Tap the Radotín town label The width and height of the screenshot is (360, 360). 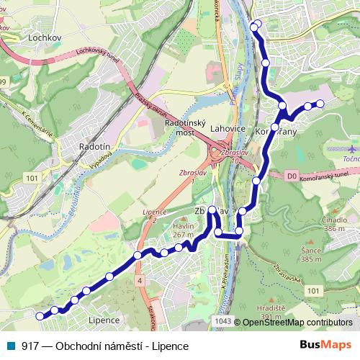(x=95, y=146)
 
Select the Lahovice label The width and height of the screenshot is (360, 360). (x=228, y=129)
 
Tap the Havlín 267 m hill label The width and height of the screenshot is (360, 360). (x=184, y=230)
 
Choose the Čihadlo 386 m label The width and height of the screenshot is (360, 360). (x=335, y=223)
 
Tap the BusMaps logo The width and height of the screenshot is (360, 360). (x=326, y=346)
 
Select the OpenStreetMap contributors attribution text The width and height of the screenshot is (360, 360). (x=298, y=322)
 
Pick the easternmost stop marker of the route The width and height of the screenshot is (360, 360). (x=320, y=104)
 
